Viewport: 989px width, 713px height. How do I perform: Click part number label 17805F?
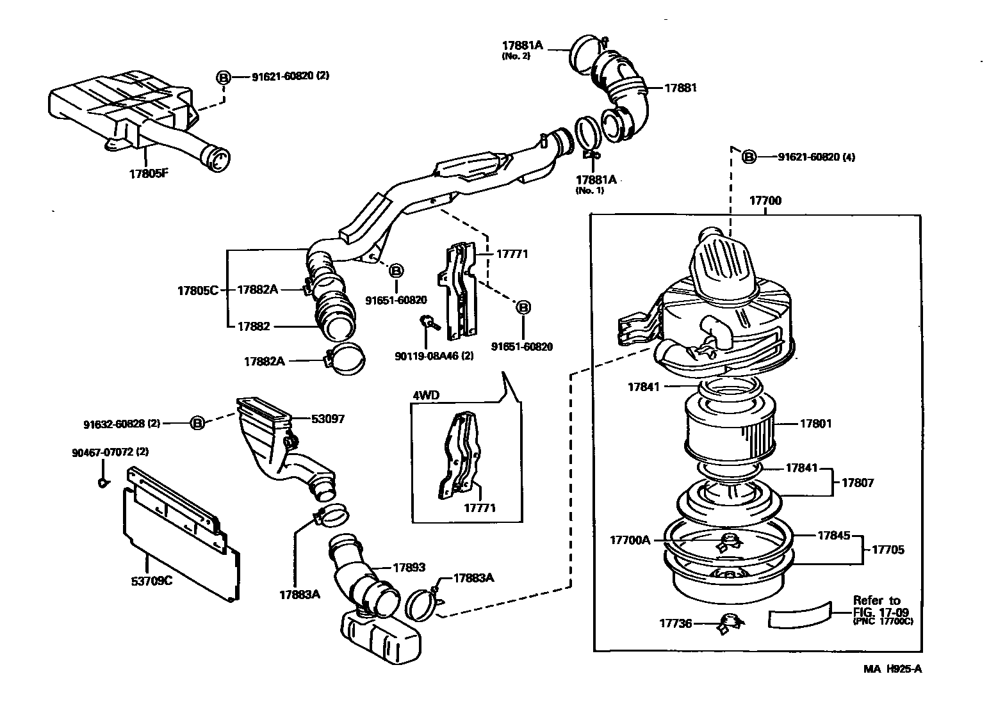click(x=148, y=173)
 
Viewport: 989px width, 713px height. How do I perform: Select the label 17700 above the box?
click(x=765, y=200)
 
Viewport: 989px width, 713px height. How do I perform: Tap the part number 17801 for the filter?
click(x=815, y=423)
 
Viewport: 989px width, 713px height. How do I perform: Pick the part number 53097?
click(x=328, y=419)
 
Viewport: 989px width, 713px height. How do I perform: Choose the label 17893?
click(x=409, y=567)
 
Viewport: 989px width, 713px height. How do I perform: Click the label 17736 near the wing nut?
click(x=676, y=622)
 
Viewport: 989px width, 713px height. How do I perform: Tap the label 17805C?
click(x=197, y=290)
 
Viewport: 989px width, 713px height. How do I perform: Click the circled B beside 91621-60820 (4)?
click(x=748, y=157)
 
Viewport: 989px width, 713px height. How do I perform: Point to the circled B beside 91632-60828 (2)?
click(x=198, y=423)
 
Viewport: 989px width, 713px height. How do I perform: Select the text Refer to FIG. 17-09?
click(x=876, y=605)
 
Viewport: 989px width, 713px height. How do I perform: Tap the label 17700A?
click(x=631, y=540)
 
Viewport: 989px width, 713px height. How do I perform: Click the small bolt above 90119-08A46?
click(x=426, y=322)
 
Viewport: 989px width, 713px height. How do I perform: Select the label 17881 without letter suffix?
click(x=680, y=88)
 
